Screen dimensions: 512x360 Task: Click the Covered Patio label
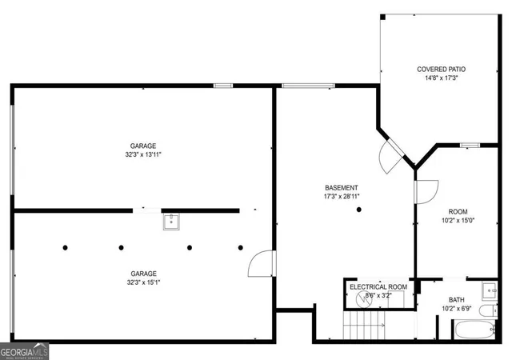[441, 70]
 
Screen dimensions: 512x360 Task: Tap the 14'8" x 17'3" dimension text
[441, 78]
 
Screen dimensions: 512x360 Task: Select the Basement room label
[342, 188]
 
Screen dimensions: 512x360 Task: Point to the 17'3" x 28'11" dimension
[342, 196]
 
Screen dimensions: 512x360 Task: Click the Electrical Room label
[378, 287]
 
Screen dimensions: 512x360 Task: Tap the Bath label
[457, 299]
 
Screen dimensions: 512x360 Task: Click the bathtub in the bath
[474, 330]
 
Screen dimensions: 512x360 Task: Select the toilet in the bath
[488, 311]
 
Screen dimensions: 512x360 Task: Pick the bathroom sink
[490, 290]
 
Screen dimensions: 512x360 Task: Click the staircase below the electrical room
[363, 325]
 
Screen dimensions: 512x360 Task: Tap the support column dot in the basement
[359, 210]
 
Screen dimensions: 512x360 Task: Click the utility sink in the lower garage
[171, 222]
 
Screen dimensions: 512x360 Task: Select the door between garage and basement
[262, 263]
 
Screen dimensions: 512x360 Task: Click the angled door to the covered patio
[391, 156]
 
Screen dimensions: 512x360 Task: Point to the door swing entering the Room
[426, 192]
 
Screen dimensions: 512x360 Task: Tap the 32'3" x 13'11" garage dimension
[143, 154]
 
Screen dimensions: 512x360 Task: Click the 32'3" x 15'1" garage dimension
[143, 282]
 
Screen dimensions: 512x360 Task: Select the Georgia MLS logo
[25, 351]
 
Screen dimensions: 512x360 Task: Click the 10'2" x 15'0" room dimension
[458, 220]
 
